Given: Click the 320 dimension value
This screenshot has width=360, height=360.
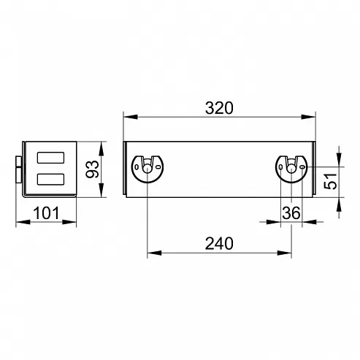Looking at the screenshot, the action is tap(219, 108).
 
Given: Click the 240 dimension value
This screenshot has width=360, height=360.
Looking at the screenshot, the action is tap(219, 243).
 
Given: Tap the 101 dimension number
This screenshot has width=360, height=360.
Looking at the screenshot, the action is tap(46, 213).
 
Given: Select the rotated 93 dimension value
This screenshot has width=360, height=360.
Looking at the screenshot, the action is tap(93, 169).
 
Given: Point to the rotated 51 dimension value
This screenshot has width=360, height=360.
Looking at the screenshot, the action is tap(331, 181).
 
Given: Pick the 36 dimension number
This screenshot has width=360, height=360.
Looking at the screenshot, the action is tap(291, 213).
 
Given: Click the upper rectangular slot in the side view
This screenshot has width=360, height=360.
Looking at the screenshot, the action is tap(50, 158).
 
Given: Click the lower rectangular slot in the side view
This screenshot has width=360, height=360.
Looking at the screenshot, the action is tap(50, 179).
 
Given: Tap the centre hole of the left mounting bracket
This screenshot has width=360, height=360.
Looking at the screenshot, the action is tap(147, 169).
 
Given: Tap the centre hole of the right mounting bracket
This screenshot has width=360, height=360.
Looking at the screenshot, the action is tap(291, 169).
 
